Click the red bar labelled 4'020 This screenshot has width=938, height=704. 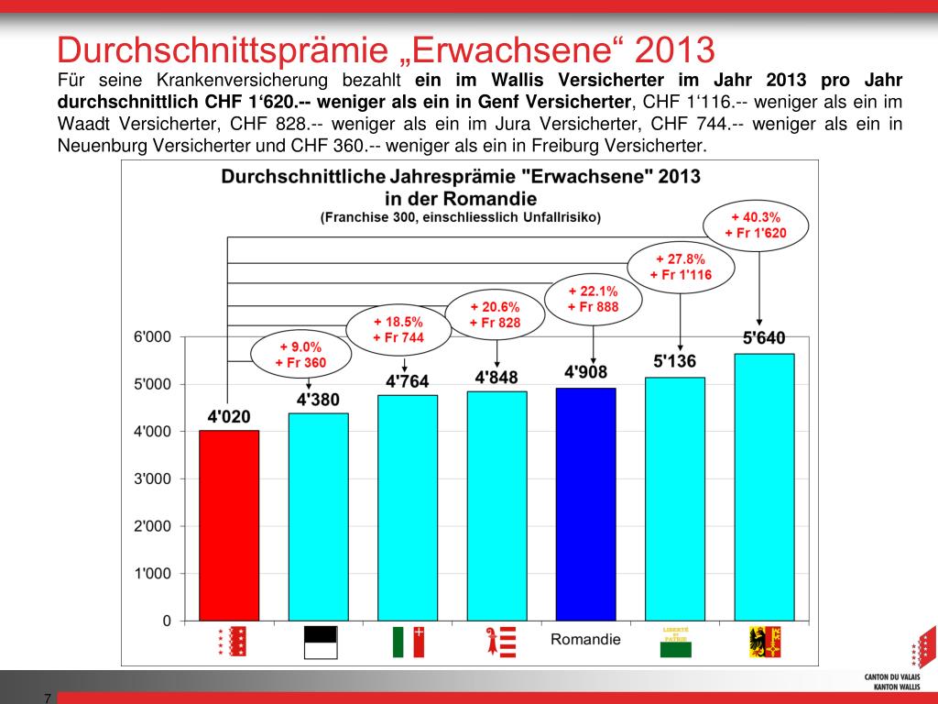(229, 525)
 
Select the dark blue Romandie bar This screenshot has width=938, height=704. (586, 504)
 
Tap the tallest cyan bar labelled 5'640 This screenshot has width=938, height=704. (764, 487)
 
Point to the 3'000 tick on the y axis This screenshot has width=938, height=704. (154, 478)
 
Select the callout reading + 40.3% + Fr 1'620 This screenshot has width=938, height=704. (756, 225)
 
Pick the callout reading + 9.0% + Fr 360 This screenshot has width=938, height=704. (300, 355)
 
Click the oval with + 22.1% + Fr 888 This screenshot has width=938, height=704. (593, 300)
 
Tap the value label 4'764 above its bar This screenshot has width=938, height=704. (408, 381)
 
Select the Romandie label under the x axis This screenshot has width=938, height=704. (585, 639)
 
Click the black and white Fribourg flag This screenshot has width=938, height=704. (321, 641)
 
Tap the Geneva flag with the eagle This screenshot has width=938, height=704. (765, 641)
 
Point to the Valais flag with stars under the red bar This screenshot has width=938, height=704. (233, 641)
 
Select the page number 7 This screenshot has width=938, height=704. (47, 698)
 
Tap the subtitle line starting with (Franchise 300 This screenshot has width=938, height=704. (460, 217)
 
